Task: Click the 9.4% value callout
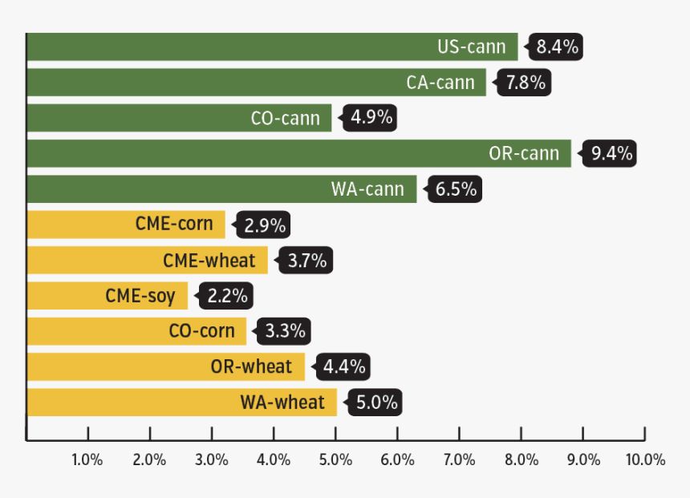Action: coord(611,153)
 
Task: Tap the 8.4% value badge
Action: coord(557,47)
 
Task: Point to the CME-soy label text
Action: coord(140,296)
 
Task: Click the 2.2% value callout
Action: coord(227,296)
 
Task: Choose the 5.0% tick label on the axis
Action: coord(335,460)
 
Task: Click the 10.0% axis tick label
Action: coord(646,460)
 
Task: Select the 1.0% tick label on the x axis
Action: coord(87,460)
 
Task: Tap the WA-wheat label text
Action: coord(282,403)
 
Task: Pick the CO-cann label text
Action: coord(286,118)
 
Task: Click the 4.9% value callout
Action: coord(371,118)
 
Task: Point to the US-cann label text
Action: coord(472,47)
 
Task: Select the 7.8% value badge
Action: coord(526,82)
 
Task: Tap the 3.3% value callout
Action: coord(286,331)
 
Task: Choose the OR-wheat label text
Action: coord(251,367)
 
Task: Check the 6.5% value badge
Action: coord(456,189)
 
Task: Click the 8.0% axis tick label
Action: coord(522,460)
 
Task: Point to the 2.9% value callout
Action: coord(265,225)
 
